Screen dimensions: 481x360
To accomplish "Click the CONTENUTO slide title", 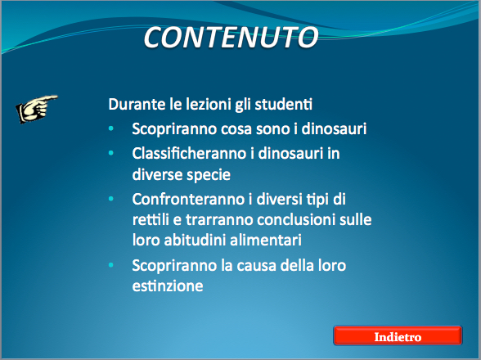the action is pyautogui.click(x=231, y=38).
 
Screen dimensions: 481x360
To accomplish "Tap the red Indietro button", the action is pyautogui.click(x=398, y=335).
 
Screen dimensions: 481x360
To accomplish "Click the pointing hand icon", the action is pyautogui.click(x=37, y=109).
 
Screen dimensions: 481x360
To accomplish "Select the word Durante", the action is pyautogui.click(x=137, y=104).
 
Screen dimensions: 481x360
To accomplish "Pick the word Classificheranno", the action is pyautogui.click(x=189, y=153).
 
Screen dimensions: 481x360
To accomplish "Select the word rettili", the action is pyautogui.click(x=151, y=220).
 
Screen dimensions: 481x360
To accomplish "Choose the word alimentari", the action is pyautogui.click(x=266, y=240).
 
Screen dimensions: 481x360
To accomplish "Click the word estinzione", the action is pyautogui.click(x=168, y=286).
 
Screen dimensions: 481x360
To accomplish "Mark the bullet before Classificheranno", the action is pyautogui.click(x=111, y=152).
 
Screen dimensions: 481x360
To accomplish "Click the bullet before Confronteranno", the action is pyautogui.click(x=111, y=199).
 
